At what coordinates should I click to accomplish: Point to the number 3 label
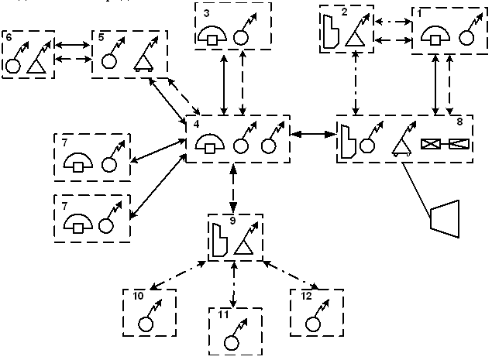pyautogui.click(x=205, y=13)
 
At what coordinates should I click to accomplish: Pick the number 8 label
pyautogui.click(x=460, y=122)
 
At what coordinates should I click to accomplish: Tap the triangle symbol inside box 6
pyautogui.click(x=35, y=66)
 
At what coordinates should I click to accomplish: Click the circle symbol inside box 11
pyautogui.click(x=230, y=341)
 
